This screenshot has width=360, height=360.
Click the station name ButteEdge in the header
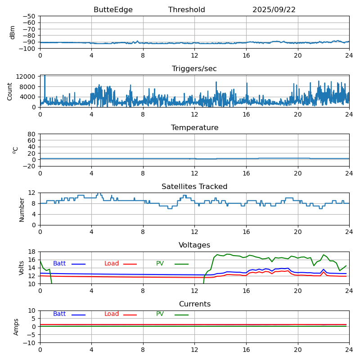pyautogui.click(x=113, y=10)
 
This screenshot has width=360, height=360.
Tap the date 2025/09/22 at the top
pyautogui.click(x=274, y=10)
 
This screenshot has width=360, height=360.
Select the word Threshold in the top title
pyautogui.click(x=187, y=10)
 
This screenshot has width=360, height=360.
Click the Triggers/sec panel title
pyautogui.click(x=194, y=69)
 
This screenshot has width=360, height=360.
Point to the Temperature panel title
pyautogui.click(x=194, y=128)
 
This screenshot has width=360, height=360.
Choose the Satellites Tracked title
pyautogui.click(x=194, y=187)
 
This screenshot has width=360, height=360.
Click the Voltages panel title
pyautogui.click(x=194, y=245)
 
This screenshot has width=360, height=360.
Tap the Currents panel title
pyautogui.click(x=194, y=304)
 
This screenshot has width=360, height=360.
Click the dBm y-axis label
pyautogui.click(x=13, y=32)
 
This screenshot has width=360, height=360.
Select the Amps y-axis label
pyautogui.click(x=16, y=327)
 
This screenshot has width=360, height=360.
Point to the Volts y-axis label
pyautogui.click(x=22, y=268)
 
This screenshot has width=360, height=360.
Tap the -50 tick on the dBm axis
pyautogui.click(x=30, y=16)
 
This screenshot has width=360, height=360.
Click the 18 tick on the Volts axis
pyautogui.click(x=33, y=252)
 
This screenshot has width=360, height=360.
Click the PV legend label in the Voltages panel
pyautogui.click(x=160, y=264)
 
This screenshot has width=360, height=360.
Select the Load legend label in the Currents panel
pyautogui.click(x=112, y=314)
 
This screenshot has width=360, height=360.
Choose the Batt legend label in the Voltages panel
pyautogui.click(x=59, y=264)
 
